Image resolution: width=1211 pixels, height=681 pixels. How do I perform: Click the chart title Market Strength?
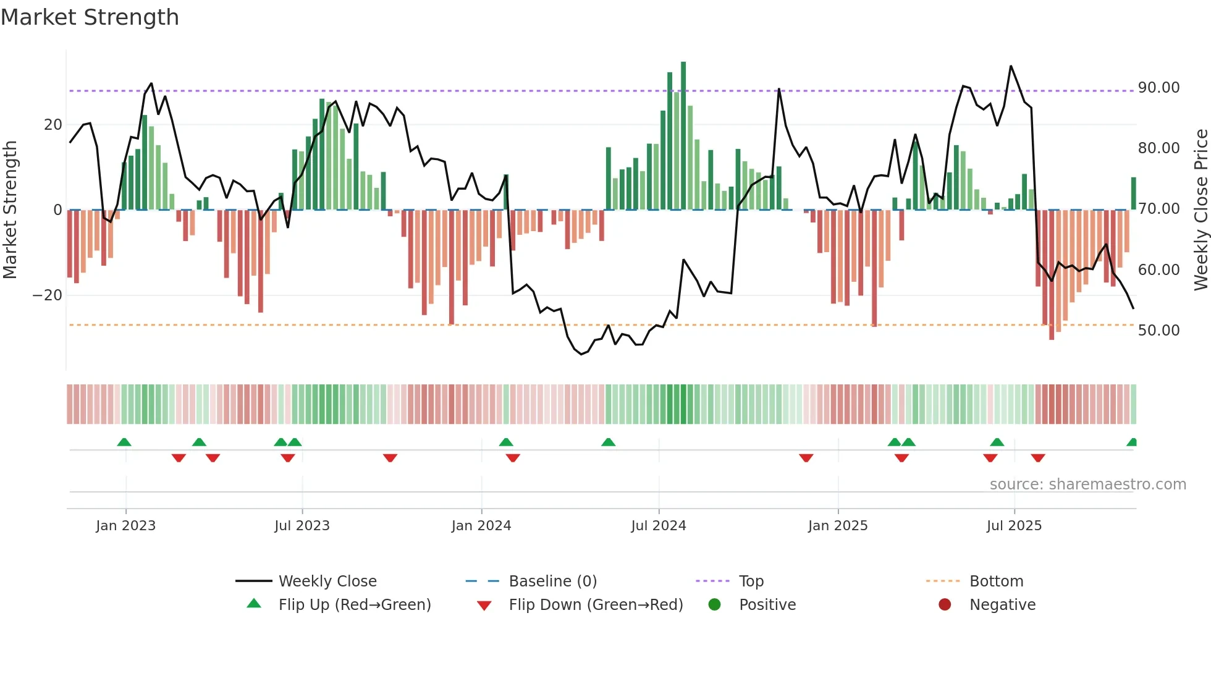pyautogui.click(x=90, y=17)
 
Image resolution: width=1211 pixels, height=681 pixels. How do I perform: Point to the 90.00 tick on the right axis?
pyautogui.click(x=1158, y=88)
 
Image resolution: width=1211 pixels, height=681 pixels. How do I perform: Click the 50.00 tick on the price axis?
pyautogui.click(x=1158, y=331)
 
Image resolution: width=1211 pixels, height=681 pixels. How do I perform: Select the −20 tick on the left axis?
pyautogui.click(x=48, y=295)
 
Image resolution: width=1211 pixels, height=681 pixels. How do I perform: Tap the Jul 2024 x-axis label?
pyautogui.click(x=658, y=526)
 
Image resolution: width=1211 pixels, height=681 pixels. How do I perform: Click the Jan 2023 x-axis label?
pyautogui.click(x=125, y=526)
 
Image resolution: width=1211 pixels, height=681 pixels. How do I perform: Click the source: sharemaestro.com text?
pyautogui.click(x=1087, y=484)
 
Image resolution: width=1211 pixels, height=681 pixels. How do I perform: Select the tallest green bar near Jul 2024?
pyautogui.click(x=683, y=136)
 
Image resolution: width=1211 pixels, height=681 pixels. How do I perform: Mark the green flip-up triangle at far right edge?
pyautogui.click(x=1132, y=442)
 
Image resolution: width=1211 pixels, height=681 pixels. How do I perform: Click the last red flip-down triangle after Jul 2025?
pyautogui.click(x=1037, y=458)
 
